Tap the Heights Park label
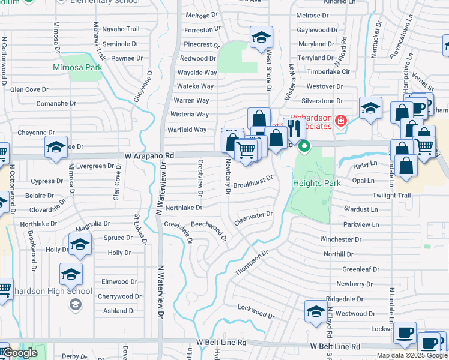point(317,182)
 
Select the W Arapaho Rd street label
point(149,155)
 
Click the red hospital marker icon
point(341,121)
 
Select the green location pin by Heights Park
point(304,146)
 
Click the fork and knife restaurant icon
point(293,127)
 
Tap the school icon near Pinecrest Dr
point(261,38)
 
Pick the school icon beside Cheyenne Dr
point(56,146)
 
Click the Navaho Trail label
point(121,29)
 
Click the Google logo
point(19,353)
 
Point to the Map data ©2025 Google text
point(412,355)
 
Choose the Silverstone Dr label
point(322,101)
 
